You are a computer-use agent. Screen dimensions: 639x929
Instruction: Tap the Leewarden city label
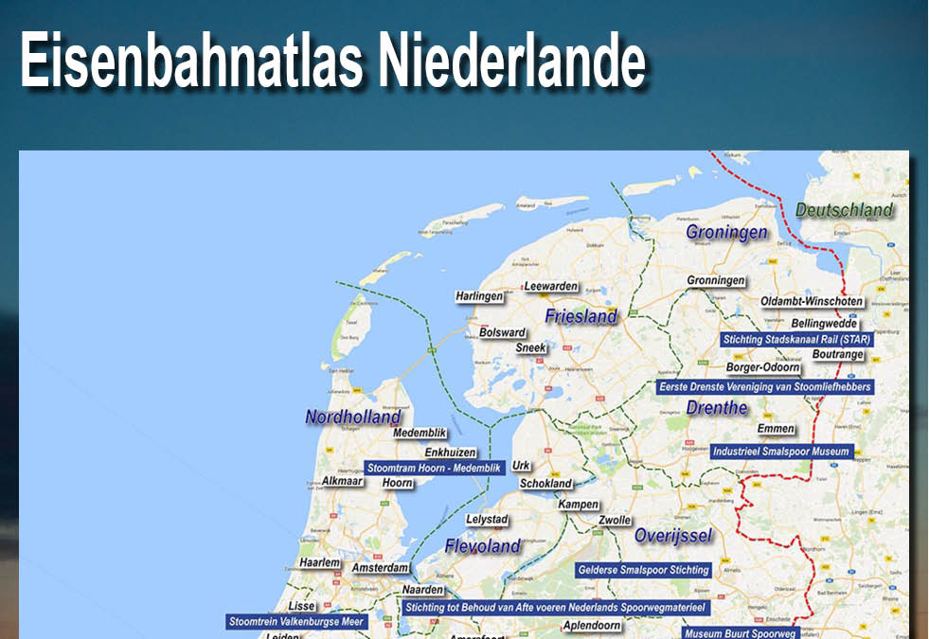coord(551,286)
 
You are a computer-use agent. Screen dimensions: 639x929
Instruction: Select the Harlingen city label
coord(479,296)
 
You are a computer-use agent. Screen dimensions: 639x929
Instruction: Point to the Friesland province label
coord(581,316)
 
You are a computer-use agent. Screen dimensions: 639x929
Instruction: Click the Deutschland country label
coord(844,209)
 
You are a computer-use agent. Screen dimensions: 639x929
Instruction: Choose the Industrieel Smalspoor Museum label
coord(781,452)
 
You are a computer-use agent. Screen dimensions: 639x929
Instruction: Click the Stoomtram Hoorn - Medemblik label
coord(433,467)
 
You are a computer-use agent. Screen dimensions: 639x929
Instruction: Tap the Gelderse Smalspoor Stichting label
coord(644,570)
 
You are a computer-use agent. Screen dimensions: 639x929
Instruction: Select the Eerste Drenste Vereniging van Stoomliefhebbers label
coord(764,386)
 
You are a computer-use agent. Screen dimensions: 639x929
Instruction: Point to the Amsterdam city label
coord(381,568)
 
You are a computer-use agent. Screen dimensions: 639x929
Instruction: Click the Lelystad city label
coord(488,520)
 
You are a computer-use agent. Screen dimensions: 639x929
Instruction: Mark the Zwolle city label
coord(615,520)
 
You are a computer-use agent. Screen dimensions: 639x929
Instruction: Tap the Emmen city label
coord(776,429)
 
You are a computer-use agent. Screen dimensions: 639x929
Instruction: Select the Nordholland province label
coord(353,417)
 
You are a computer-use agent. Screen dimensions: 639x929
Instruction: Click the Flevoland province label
coord(483,546)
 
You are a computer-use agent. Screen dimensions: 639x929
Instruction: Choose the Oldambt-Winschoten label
coord(812,302)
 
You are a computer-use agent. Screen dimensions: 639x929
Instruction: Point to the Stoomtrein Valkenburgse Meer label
coord(296,622)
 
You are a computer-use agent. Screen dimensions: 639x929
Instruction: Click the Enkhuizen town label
coord(450,453)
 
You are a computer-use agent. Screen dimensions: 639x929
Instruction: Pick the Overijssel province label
coord(673,536)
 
